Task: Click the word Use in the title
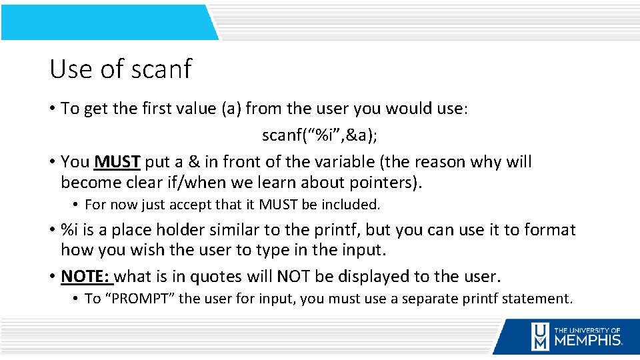(x=69, y=69)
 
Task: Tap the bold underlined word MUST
(x=117, y=162)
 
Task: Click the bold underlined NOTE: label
(x=87, y=276)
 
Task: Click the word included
(x=349, y=205)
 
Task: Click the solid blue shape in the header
(x=107, y=22)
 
